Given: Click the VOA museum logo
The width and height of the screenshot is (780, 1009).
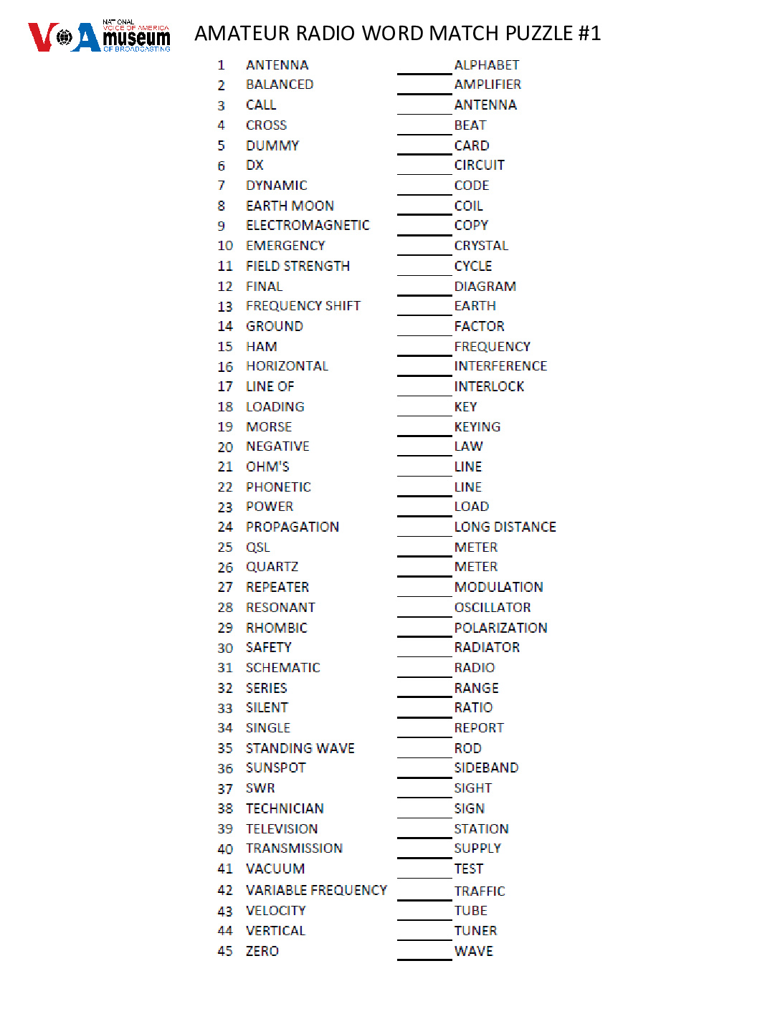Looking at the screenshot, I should (x=99, y=37).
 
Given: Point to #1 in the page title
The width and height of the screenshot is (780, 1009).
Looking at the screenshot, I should (x=589, y=34).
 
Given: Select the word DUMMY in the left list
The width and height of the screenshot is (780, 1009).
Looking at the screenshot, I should (x=272, y=145).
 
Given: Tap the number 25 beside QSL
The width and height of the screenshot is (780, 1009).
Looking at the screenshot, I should (x=225, y=547).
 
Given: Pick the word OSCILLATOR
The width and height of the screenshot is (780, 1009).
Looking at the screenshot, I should (x=493, y=608).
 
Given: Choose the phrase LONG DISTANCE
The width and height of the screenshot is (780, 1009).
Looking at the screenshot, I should (x=505, y=527).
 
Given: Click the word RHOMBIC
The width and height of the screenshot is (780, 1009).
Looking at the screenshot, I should (x=276, y=628).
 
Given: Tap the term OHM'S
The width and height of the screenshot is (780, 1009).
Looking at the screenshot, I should (x=267, y=467).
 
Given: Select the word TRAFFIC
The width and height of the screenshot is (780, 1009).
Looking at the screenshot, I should (x=480, y=891).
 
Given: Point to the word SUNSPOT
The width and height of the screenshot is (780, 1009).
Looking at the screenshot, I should (x=275, y=768).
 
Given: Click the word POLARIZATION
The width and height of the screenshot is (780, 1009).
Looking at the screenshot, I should (x=500, y=628).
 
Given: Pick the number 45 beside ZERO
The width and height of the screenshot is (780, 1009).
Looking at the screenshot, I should (x=225, y=951).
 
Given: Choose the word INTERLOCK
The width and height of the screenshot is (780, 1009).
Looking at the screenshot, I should (x=489, y=386).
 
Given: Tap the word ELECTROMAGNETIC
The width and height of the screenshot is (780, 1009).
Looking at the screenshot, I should (x=308, y=226).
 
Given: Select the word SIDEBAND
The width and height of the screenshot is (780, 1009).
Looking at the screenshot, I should (x=486, y=768).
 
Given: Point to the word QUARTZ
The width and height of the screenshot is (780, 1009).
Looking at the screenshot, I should (x=272, y=567).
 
